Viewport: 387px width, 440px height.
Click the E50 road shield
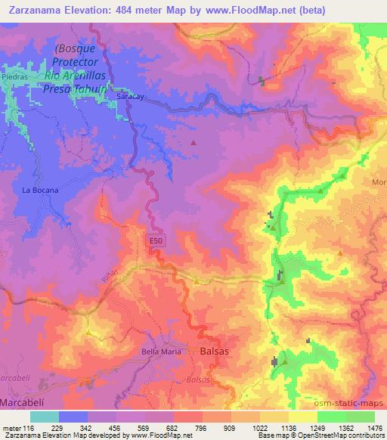[153, 240]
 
